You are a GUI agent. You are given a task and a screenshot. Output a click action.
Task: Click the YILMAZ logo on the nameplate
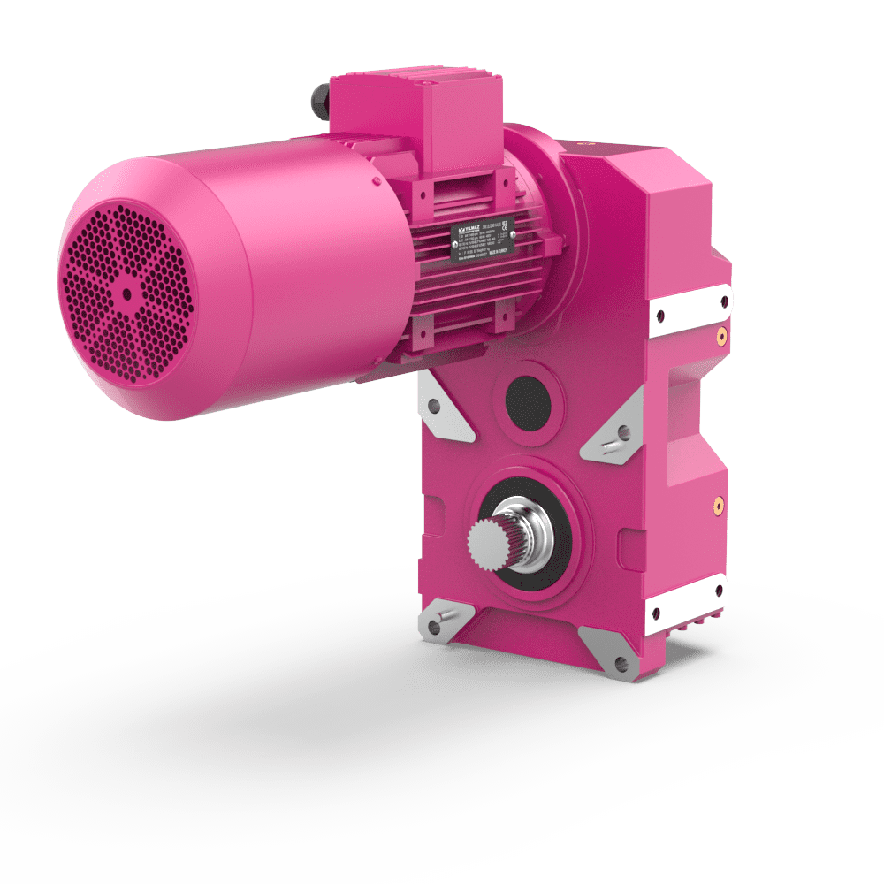coord(469,228)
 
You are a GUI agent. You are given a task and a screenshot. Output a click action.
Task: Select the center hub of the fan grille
coord(126,292)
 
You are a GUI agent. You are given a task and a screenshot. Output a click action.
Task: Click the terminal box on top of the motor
coord(415,106)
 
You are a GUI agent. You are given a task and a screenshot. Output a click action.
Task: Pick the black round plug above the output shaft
coord(528,400)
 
